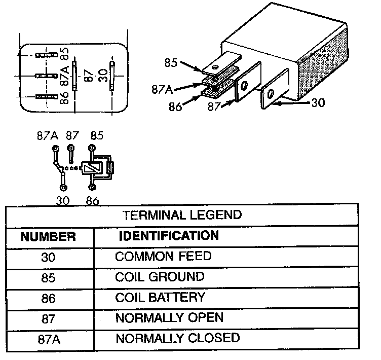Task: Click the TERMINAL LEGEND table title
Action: tap(182, 214)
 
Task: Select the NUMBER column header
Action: tap(49, 236)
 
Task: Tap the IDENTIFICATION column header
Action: tap(168, 235)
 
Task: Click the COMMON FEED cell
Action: tap(163, 256)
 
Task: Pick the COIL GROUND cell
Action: tap(160, 277)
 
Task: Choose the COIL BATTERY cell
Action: tap(160, 297)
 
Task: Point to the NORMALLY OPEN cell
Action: tap(169, 318)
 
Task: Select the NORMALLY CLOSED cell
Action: tap(177, 338)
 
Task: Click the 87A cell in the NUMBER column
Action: tap(49, 339)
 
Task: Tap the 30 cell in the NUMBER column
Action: tap(49, 257)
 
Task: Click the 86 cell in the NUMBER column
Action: tap(49, 298)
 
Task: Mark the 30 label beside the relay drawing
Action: tap(318, 102)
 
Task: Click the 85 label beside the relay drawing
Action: tap(171, 63)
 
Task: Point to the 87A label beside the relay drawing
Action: tap(162, 89)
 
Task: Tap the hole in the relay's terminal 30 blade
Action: tap(271, 94)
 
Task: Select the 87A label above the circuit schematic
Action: tap(48, 136)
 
